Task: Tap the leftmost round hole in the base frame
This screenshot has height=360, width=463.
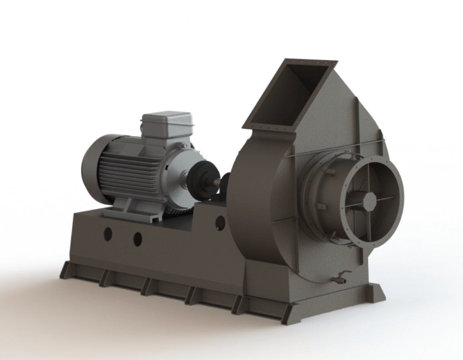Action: [x=108, y=234]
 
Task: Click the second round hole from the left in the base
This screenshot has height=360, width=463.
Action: [x=137, y=239]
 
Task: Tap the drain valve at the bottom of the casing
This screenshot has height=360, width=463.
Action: [x=340, y=278]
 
